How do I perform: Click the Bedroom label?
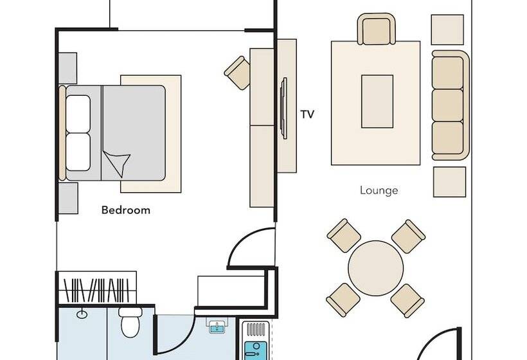126,210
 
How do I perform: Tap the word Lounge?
379,190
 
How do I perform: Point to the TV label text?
307,114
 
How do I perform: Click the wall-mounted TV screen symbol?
284,108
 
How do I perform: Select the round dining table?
376,268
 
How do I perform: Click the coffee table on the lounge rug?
377,101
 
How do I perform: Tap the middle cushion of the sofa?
448,105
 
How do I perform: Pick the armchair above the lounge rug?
376,29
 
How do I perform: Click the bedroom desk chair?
237,73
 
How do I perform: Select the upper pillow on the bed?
78,114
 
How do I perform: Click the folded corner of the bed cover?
117,163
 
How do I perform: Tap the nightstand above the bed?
67,68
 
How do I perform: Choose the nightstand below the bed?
68,198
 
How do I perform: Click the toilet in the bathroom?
130,322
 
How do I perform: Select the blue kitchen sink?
256,350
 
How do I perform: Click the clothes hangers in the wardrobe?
97,290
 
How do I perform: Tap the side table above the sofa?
447,30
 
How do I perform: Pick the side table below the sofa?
449,182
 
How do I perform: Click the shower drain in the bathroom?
82,314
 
